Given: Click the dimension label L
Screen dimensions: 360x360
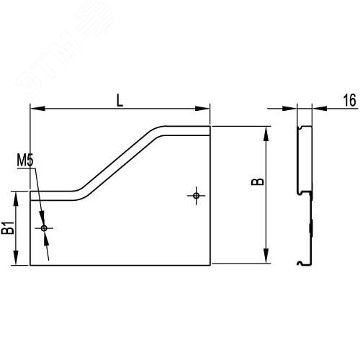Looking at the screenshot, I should point(120,100).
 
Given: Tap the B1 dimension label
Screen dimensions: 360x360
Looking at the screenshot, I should point(8,229).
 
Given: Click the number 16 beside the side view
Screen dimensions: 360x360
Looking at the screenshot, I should point(349,101).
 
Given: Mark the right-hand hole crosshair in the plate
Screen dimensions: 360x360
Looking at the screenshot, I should point(196,194).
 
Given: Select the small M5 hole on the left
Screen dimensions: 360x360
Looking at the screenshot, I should point(45,228).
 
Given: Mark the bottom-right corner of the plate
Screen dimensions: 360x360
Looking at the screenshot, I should point(210,265).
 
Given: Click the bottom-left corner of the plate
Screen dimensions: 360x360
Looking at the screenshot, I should point(30,265).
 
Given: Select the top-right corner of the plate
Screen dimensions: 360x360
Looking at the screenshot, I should point(210,127).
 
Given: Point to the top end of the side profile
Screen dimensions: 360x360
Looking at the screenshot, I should point(305,128).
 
